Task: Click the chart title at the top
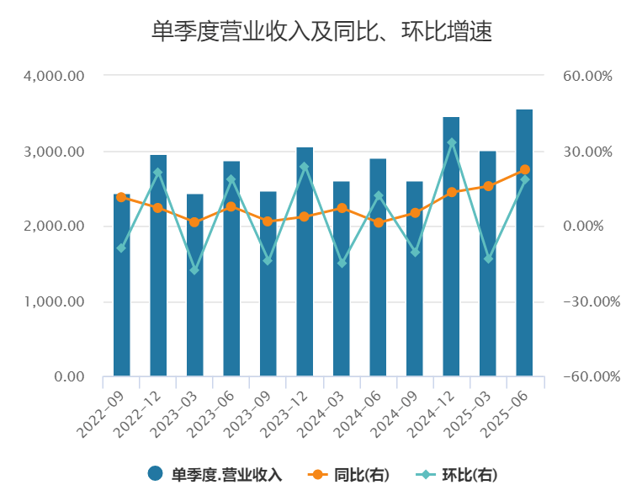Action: [x=321, y=32]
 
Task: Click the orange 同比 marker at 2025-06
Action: [x=524, y=170]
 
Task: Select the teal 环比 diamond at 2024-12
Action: [x=451, y=143]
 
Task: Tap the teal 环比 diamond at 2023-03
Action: [x=195, y=270]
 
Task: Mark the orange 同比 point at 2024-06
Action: [x=378, y=222]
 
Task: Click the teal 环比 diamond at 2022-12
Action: [x=158, y=173]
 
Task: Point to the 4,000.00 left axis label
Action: [x=56, y=76]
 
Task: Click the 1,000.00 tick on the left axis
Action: [x=56, y=301]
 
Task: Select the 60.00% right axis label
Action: [x=587, y=76]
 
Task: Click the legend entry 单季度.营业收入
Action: [x=215, y=474]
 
